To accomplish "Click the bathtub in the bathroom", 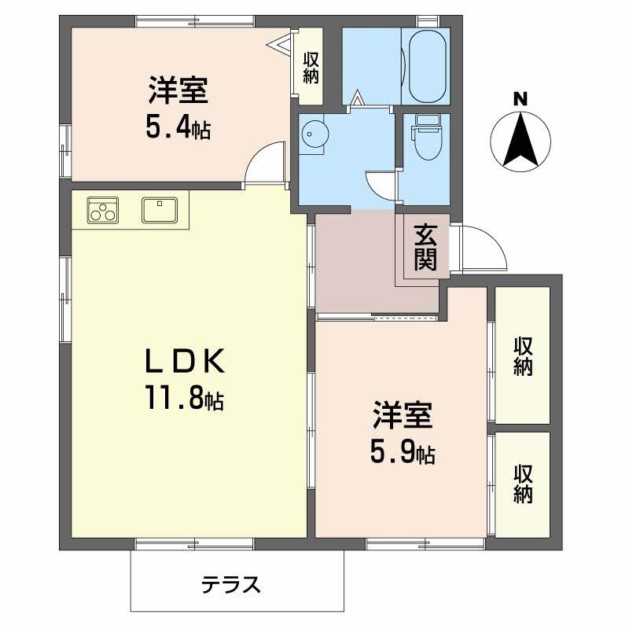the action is click(x=427, y=67).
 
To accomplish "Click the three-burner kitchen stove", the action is click(x=103, y=211).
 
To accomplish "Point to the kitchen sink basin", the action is click(x=160, y=210).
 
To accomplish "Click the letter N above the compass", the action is click(x=520, y=99).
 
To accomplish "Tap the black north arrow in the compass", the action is click(x=520, y=140).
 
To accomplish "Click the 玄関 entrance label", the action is click(x=425, y=247).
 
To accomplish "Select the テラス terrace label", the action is click(x=230, y=584).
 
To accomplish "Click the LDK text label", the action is click(x=185, y=362).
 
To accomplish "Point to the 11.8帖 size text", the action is click(x=185, y=398).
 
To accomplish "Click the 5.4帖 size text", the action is click(x=178, y=128).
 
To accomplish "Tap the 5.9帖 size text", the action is click(x=403, y=454).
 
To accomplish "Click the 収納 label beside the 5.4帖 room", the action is click(x=311, y=68).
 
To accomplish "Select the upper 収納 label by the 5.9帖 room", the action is click(x=523, y=356).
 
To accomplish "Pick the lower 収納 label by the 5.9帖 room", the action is click(x=523, y=484).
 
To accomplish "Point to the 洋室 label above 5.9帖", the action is click(x=403, y=415).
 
